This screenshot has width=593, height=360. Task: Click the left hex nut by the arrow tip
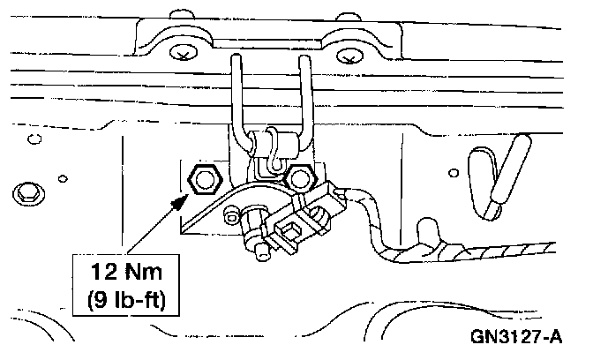(206, 179)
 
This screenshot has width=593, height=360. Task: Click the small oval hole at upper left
(35, 139)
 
